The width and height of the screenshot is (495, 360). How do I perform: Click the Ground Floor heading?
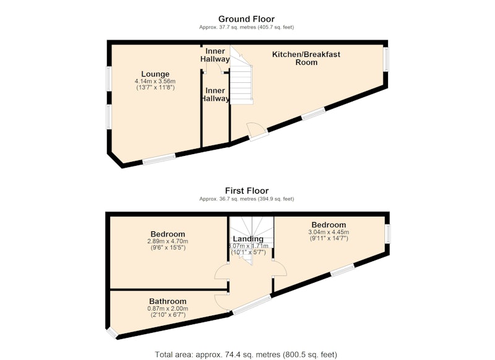click(x=246, y=19)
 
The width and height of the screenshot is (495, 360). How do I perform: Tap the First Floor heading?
click(x=246, y=191)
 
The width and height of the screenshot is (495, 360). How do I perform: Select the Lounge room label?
click(x=155, y=74)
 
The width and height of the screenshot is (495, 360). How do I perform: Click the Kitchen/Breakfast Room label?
click(x=306, y=58)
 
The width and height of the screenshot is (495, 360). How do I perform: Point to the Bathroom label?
click(x=168, y=301)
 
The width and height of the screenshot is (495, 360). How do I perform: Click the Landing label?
click(x=248, y=239)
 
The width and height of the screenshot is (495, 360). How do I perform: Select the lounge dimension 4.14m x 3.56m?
click(x=155, y=82)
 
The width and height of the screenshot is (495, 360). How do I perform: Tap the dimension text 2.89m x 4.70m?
click(x=168, y=241)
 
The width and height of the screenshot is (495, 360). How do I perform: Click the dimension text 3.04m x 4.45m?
click(x=329, y=232)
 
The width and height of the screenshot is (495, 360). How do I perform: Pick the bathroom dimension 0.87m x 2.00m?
click(x=168, y=309)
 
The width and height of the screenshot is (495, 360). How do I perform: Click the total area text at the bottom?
click(x=246, y=354)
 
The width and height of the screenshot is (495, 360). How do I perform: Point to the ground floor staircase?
click(x=241, y=75)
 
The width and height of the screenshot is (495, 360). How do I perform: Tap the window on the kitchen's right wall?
click(x=386, y=59)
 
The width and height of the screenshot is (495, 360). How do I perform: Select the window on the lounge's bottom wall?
click(x=159, y=159)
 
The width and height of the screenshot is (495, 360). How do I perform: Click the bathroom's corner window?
click(x=111, y=333)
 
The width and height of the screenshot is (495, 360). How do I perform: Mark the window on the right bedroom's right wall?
click(x=388, y=234)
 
